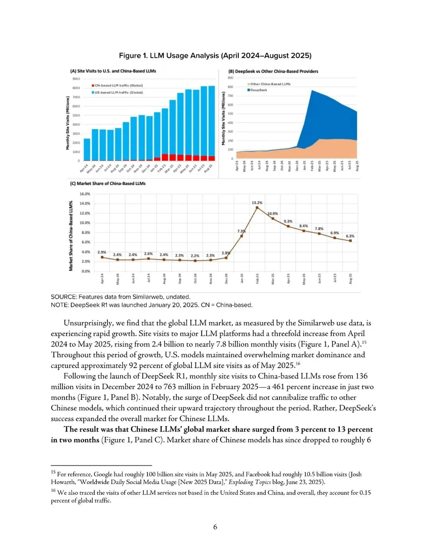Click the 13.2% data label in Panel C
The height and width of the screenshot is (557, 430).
(x=257, y=203)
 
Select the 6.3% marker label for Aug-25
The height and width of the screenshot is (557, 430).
(x=350, y=236)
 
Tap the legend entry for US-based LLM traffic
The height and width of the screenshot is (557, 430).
(x=118, y=93)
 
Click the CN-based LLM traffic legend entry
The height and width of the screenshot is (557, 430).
(x=118, y=85)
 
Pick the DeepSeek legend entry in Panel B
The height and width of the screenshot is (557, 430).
(x=258, y=90)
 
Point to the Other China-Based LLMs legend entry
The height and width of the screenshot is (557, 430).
(x=270, y=84)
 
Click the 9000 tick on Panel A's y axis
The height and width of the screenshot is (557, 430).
(x=76, y=79)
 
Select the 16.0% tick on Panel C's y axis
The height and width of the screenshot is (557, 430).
(x=85, y=194)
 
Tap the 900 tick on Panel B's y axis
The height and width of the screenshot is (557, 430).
(x=231, y=78)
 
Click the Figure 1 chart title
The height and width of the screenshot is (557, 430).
(x=215, y=56)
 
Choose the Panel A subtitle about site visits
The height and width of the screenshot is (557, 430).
(x=113, y=71)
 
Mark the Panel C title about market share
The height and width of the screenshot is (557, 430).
(x=108, y=183)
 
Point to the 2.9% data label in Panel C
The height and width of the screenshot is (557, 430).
(x=102, y=252)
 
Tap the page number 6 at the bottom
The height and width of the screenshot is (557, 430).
(x=215, y=527)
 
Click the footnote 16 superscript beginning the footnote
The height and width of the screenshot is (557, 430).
(x=53, y=490)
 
